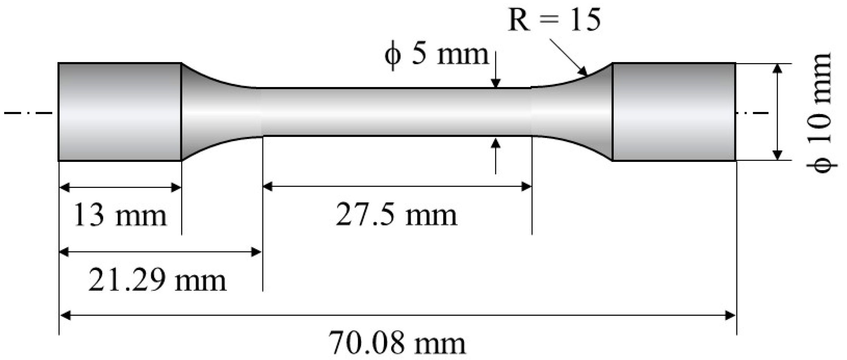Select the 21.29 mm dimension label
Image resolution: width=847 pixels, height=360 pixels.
click(157, 281)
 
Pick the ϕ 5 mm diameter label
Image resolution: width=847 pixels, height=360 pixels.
click(437, 55)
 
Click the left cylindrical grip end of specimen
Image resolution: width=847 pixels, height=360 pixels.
click(120, 112)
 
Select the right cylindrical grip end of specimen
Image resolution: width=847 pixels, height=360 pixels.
click(674, 112)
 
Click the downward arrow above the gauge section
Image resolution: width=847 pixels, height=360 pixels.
click(496, 83)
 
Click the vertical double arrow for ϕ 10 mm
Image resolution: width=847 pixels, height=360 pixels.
click(777, 112)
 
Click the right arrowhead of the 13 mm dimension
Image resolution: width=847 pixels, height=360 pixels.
click(176, 187)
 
